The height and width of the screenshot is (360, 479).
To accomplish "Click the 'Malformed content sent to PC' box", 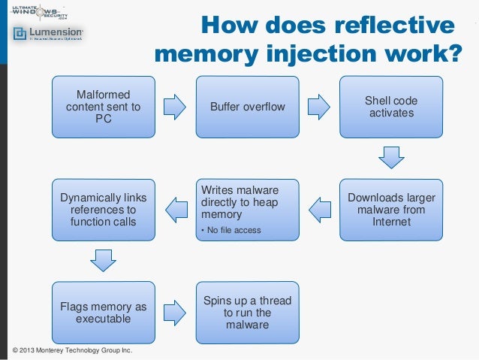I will [x=103, y=107].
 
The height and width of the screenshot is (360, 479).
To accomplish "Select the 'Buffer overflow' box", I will [x=248, y=107].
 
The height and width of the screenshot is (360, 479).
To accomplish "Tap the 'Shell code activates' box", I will [x=391, y=107].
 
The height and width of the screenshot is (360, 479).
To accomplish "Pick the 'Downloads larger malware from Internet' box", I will [x=391, y=210].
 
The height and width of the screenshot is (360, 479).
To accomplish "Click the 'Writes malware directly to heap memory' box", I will [x=248, y=210].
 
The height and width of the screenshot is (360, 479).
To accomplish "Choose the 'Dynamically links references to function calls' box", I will [x=103, y=210].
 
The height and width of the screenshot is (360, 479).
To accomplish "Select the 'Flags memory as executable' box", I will [x=103, y=313].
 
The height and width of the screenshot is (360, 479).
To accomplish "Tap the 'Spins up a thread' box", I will [x=248, y=313].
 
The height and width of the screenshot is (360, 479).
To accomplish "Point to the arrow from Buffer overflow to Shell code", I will [x=319, y=107].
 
